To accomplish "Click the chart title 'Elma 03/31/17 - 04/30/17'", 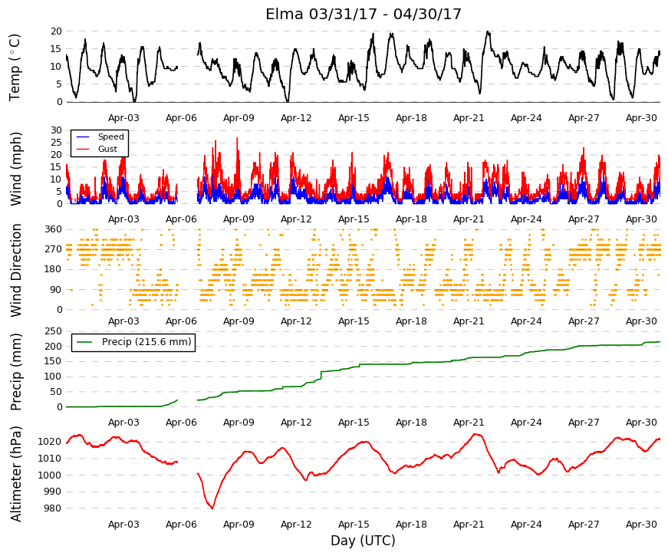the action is [364, 14].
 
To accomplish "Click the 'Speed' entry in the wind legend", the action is [110, 137].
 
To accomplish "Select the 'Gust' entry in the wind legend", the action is [107, 149].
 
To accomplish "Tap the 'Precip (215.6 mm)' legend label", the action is [146, 342].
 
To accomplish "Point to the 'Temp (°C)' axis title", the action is [15, 67].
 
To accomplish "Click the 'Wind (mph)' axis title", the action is [15, 169].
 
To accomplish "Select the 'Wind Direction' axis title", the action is [15, 270].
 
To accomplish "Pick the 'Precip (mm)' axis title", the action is [15, 371].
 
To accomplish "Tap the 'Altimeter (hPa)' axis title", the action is [15, 473].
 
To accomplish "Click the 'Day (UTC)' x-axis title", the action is [363, 541].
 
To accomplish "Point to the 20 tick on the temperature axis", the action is [56, 31].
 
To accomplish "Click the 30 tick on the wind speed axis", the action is [56, 130].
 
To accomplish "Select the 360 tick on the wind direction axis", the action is [53, 229].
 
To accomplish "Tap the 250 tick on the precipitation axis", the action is [53, 331].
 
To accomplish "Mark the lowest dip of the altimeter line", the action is [212, 508].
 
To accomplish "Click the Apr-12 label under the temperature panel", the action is [296, 118].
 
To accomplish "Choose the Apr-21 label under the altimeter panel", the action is [469, 525].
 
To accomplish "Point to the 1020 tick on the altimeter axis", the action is [49, 442].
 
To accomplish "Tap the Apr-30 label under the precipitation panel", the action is [641, 423].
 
